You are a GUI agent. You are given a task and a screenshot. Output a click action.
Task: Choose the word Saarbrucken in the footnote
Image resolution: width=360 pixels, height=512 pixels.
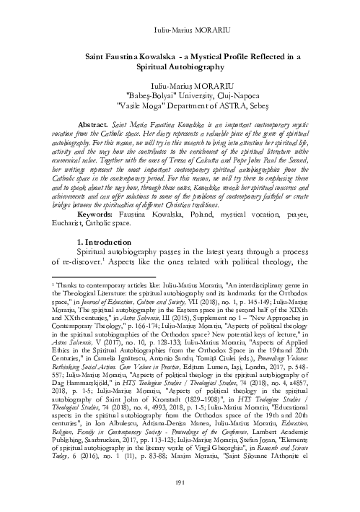click(99, 457)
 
